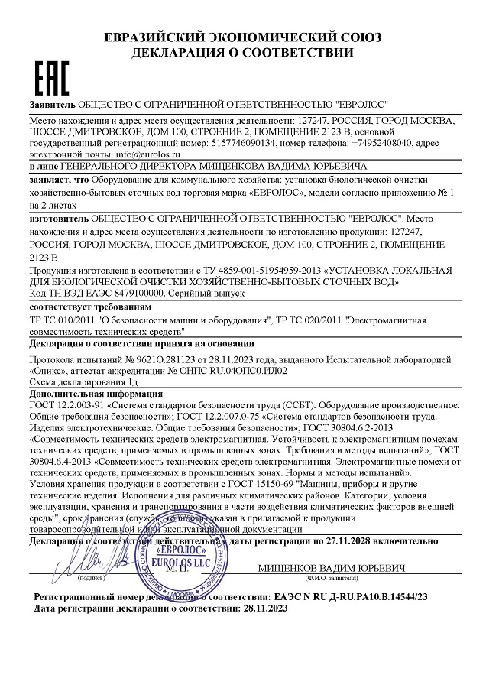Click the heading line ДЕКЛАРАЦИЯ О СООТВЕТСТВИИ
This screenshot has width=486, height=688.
[x=242, y=53]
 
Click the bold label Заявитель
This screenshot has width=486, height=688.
[x=52, y=103]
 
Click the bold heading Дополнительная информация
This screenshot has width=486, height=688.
[x=94, y=394]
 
